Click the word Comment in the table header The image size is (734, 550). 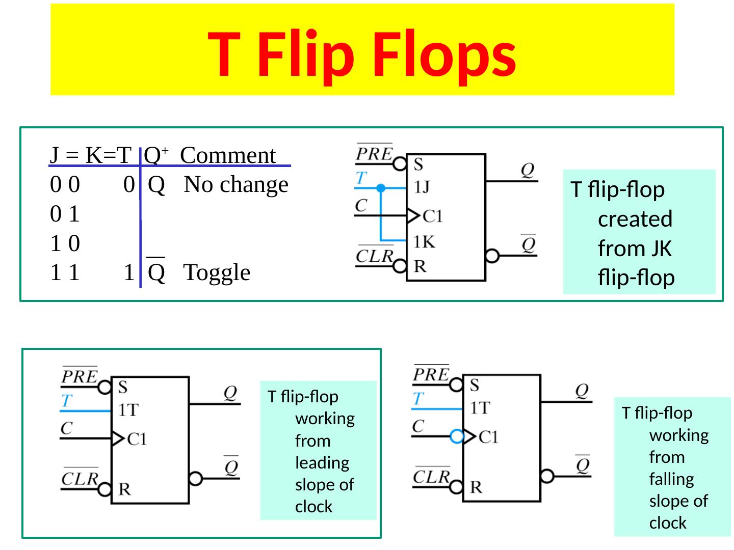point(228,155)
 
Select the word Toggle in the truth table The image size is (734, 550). point(217,273)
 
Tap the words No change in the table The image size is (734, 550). point(236,184)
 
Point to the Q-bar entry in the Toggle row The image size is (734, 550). point(156,271)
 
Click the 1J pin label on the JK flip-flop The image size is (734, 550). point(422,187)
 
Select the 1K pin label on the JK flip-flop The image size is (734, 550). point(424,242)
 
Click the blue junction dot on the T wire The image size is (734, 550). point(381,188)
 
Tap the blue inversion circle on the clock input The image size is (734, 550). point(457,436)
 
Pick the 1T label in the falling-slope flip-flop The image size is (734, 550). point(480,408)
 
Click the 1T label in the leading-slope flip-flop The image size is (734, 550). point(128,410)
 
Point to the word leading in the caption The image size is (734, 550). point(322,463)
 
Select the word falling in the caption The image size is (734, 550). point(671,479)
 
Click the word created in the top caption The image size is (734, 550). point(635,219)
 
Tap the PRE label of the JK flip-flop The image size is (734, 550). point(374,153)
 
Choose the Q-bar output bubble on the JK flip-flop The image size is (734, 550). point(492,256)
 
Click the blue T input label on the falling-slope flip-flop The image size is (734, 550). point(418,398)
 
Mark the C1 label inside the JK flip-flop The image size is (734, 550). point(433,216)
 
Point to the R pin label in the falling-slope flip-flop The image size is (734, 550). point(476,487)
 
